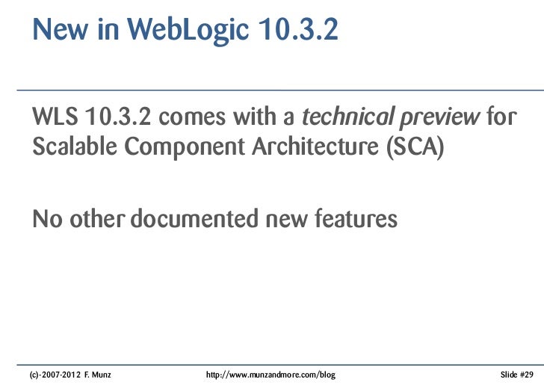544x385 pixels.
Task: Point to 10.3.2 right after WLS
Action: (117, 117)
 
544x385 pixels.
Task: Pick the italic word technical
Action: (344, 117)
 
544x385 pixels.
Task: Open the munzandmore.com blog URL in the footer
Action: (270, 372)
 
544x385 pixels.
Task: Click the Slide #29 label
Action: (516, 372)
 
